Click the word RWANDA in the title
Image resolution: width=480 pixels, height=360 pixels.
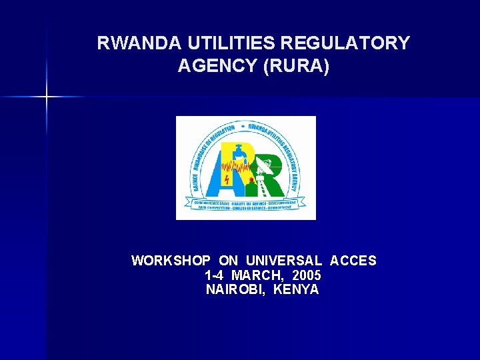[131, 43]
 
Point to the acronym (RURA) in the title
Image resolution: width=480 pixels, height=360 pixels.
[297, 67]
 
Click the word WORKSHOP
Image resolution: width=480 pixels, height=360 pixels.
[171, 261]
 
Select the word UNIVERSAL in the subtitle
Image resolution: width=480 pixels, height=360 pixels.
[284, 261]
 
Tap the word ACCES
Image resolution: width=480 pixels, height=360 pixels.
[353, 261]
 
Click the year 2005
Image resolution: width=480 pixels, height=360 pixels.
[307, 275]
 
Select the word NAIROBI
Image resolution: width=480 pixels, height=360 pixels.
[236, 290]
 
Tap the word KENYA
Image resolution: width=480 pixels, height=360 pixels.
[296, 290]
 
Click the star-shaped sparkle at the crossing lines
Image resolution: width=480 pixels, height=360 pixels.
[47, 97]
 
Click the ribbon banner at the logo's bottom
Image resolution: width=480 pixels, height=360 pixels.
[245, 204]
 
